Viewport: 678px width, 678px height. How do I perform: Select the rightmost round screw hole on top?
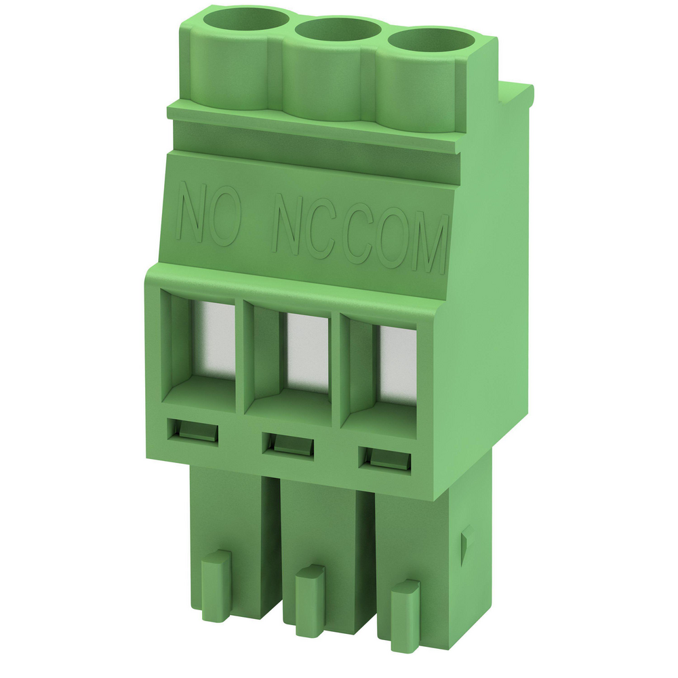(431, 42)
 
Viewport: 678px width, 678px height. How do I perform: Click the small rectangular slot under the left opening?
(192, 431)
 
